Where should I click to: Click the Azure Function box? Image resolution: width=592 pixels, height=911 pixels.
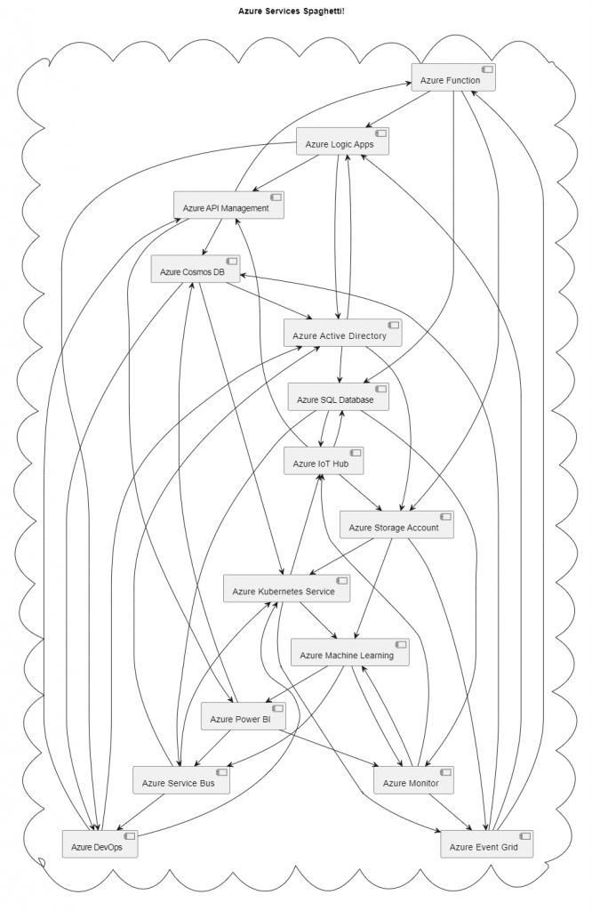tap(452, 77)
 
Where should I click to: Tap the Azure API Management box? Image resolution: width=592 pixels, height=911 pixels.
tap(228, 206)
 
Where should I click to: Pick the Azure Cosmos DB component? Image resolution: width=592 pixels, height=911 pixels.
tap(195, 270)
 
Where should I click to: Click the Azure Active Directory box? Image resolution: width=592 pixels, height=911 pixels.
tap(342, 334)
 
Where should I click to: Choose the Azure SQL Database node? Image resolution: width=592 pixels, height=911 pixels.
tap(339, 398)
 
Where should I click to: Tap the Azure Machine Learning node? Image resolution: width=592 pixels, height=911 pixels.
tap(350, 653)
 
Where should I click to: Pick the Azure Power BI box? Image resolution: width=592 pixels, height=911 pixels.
tap(243, 717)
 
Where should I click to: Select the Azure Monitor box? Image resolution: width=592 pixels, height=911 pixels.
tap(412, 781)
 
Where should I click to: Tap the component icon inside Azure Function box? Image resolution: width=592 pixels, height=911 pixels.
tap(488, 69)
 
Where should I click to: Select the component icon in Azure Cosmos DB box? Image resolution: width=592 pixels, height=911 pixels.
tap(232, 262)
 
